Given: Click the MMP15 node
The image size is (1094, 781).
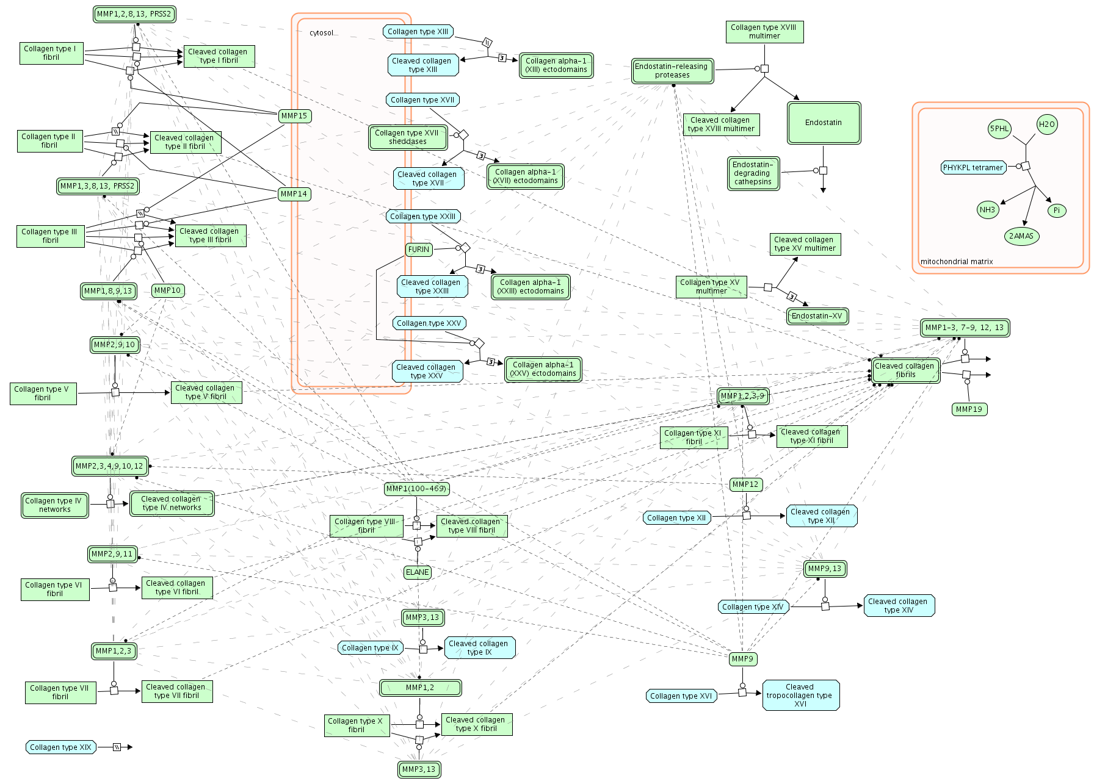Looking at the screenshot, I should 294,116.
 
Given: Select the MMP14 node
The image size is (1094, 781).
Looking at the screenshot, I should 294,194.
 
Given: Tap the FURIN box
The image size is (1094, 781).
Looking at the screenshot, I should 419,250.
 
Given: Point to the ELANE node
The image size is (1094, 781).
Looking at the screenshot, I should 418,572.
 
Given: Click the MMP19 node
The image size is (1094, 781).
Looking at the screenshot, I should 969,409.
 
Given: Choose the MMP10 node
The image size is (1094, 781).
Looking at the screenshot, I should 168,290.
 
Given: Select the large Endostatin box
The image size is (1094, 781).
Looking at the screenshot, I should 824,123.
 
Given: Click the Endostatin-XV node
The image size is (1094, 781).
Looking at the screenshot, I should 817,316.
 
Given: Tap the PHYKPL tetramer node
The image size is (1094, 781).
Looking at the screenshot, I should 973,168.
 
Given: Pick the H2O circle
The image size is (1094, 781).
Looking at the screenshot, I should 1047,124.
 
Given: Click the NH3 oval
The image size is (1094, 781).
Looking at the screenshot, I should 987,210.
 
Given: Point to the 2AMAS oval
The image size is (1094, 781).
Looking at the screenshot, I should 1021,236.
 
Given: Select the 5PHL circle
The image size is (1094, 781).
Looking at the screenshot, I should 999,129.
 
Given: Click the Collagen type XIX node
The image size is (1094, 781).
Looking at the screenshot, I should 60,747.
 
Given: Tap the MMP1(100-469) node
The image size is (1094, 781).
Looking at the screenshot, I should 416,489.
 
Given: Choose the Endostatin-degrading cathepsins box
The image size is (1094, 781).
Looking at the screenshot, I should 753,173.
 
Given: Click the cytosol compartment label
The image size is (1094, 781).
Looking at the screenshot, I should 322,33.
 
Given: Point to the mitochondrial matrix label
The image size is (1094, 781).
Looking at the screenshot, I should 957,262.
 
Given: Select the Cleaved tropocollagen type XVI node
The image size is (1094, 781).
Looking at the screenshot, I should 800,696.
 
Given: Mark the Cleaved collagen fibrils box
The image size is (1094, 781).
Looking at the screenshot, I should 905,370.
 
